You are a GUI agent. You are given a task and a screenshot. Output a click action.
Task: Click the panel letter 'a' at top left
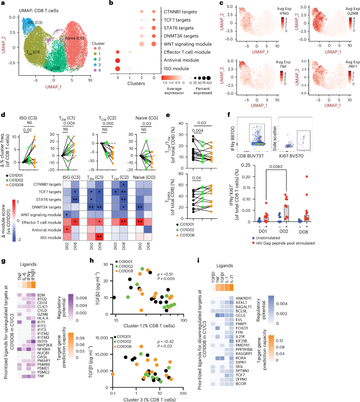[3, 4]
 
